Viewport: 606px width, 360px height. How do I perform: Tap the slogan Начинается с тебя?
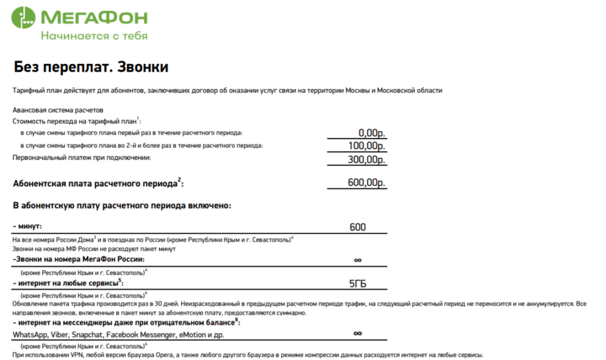point(94,36)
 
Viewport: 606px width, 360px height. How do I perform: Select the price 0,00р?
point(372,133)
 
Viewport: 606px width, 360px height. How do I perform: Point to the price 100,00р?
point(367,146)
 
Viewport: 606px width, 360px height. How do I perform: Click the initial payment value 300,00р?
point(367,159)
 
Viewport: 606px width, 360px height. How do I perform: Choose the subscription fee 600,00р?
point(367,183)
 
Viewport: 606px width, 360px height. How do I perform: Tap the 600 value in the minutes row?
point(357,227)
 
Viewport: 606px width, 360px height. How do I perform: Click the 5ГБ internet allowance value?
point(357,284)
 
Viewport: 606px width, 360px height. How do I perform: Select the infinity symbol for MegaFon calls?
point(357,259)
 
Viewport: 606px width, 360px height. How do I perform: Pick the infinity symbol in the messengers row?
point(357,333)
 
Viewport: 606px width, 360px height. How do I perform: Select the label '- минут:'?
point(28,227)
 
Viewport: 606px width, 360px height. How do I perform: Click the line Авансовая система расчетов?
point(58,110)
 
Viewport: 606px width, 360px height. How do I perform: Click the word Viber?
point(63,335)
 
